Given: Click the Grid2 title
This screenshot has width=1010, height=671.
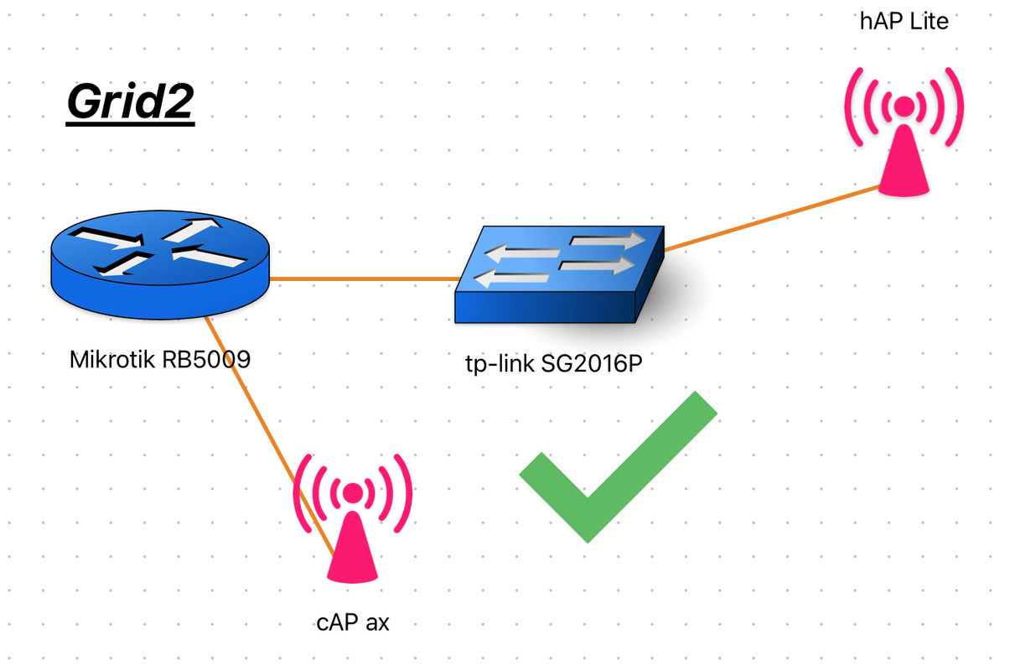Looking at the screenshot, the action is coord(130,102).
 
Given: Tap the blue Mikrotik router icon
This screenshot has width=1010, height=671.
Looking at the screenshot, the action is coord(160,265).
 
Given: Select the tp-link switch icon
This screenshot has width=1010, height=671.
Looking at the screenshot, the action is coord(560,274).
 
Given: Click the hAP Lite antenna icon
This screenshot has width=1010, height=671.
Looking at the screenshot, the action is coord(904,132).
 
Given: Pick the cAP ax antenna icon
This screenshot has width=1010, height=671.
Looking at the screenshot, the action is coord(353,518).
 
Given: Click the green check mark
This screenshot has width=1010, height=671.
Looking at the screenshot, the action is coord(619,467).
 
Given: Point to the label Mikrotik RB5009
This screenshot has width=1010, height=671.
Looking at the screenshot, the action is coord(160,360).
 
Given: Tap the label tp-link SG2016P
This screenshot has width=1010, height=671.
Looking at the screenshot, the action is coord(554,364).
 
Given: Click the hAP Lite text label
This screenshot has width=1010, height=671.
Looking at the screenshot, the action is coord(904,21).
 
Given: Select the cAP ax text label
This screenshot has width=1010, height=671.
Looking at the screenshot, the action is coord(353,622).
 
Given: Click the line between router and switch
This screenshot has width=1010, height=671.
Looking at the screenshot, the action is coord(365,278).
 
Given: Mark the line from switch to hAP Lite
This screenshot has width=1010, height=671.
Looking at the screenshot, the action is coord(772,218).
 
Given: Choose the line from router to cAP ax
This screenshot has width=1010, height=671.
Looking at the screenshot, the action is coord(269,436).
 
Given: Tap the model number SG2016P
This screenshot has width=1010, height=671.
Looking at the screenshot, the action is coord(592,364).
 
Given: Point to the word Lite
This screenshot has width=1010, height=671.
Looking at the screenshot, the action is coord(929,21).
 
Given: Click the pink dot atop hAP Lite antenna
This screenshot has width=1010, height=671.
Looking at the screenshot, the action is coord(904,107).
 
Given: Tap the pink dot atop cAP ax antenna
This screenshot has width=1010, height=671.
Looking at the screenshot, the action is coord(353,492).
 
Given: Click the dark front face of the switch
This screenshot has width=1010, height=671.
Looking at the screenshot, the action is coord(545,307).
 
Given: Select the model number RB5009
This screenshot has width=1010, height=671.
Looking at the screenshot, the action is coord(206,360).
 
